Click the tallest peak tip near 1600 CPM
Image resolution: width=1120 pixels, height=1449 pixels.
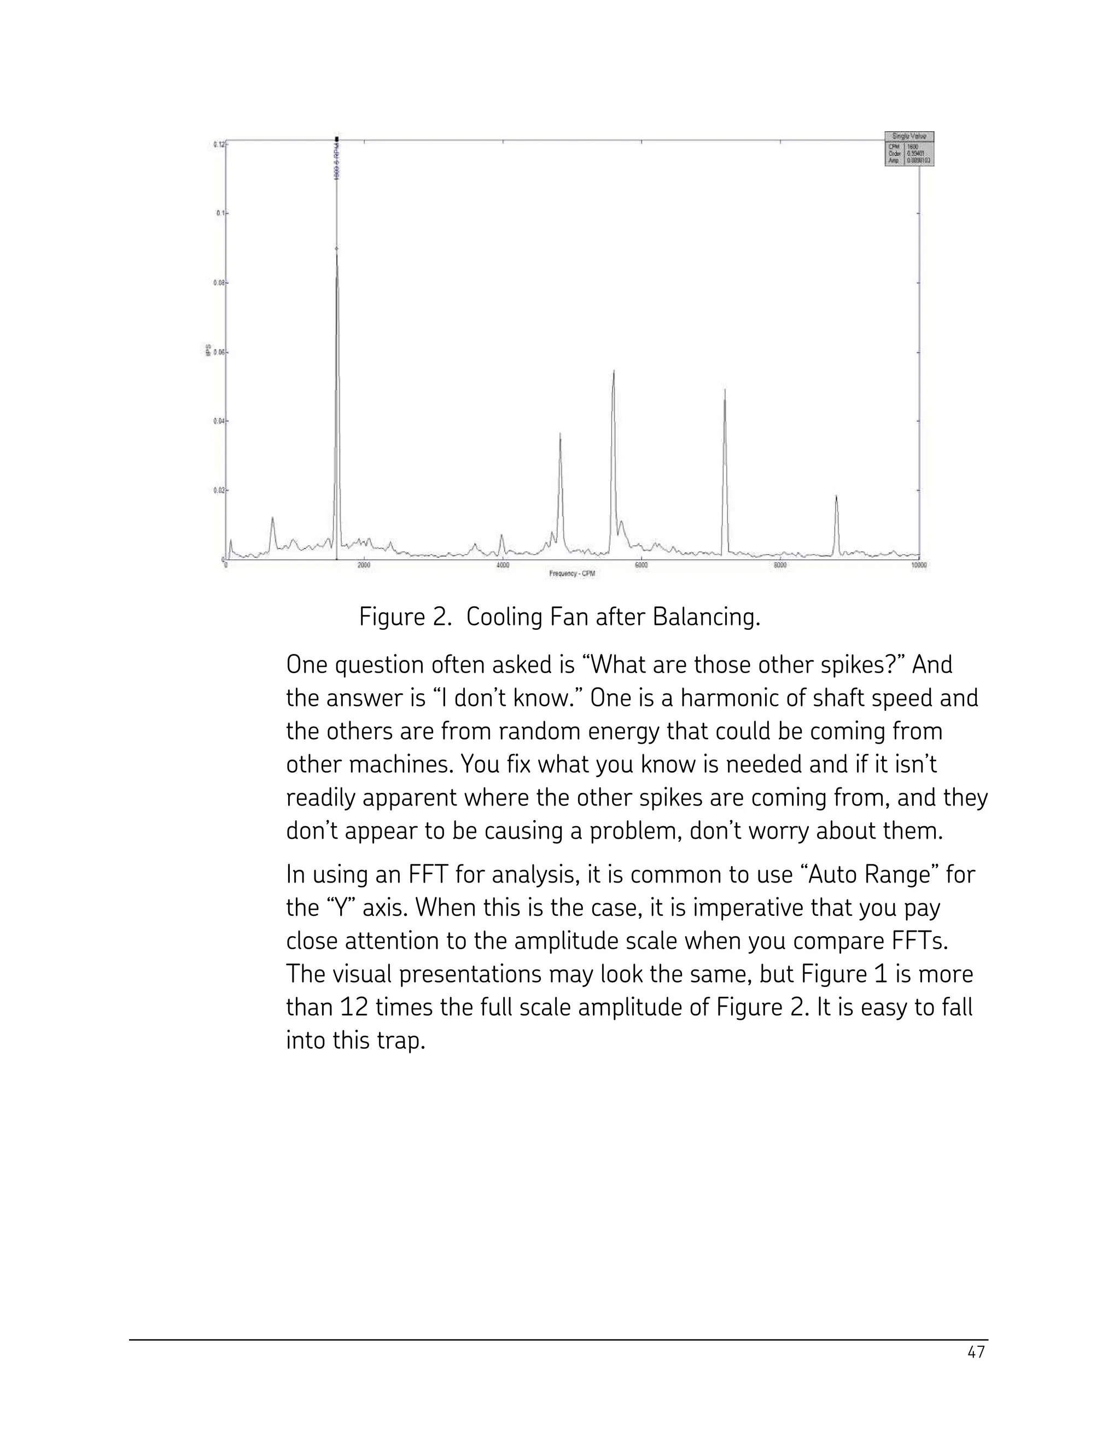(x=336, y=251)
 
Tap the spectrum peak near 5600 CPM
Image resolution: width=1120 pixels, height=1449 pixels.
(x=613, y=371)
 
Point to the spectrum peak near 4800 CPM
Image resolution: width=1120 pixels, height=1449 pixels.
(x=560, y=435)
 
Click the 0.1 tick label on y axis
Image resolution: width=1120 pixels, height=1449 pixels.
(x=219, y=213)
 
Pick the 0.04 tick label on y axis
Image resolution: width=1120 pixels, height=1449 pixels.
(x=218, y=420)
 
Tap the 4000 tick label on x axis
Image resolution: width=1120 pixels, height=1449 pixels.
(x=502, y=565)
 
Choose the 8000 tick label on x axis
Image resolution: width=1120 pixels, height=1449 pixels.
(x=780, y=565)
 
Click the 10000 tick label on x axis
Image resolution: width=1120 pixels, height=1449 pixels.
(x=918, y=565)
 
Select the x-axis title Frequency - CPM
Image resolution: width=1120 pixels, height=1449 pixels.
(x=572, y=573)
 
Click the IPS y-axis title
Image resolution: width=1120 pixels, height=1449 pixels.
(x=208, y=349)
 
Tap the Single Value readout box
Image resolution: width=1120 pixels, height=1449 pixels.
(x=909, y=149)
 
